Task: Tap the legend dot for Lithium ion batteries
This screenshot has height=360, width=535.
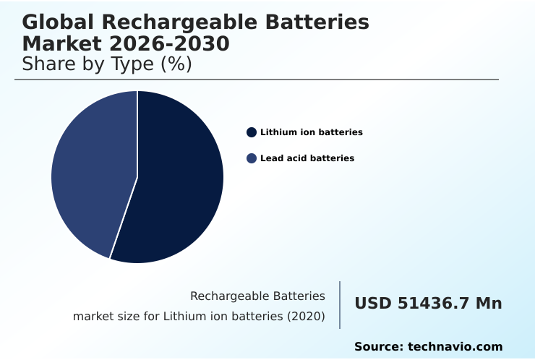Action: coord(252,132)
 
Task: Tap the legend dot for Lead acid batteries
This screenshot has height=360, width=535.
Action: coord(252,158)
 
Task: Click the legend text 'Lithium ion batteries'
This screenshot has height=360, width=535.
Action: coord(311,132)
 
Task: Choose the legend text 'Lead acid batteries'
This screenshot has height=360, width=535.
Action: coord(307,158)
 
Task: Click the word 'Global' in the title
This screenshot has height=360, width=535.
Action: coord(55,22)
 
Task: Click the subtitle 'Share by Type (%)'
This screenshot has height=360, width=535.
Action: coord(106,64)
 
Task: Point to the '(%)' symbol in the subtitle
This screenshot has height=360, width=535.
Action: coord(177,64)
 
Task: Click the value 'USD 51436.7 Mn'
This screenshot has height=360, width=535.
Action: coord(428,304)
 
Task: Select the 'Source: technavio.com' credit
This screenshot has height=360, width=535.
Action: coord(428,347)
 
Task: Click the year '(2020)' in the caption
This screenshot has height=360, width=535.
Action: coord(306,317)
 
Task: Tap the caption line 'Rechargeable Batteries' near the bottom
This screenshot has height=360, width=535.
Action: coord(257,296)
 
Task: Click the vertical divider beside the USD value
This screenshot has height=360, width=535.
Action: coord(340,305)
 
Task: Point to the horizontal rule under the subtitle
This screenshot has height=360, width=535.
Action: coord(257,80)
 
